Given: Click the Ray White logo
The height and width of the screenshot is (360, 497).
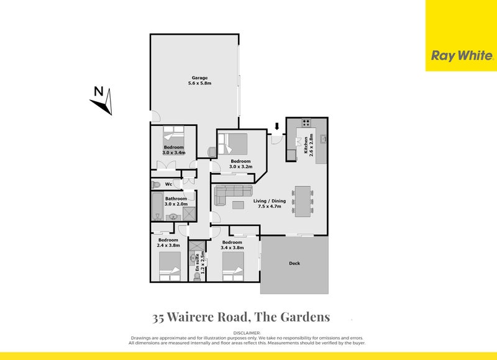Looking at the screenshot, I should [x=462, y=56].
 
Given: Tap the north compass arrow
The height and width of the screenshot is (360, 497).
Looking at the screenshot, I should [x=103, y=102].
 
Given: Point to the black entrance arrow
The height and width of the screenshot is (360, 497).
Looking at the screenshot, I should [x=277, y=127].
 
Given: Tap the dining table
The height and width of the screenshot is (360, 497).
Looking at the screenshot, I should [x=303, y=201].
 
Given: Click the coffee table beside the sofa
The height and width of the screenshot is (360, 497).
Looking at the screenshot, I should [x=239, y=204].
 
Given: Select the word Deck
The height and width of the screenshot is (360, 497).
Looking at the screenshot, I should [x=294, y=263].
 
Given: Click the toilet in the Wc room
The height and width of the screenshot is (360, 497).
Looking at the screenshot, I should [x=157, y=184].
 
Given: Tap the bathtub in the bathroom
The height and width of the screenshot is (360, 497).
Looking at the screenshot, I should [x=156, y=206].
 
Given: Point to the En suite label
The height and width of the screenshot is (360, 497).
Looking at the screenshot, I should [x=198, y=263].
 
